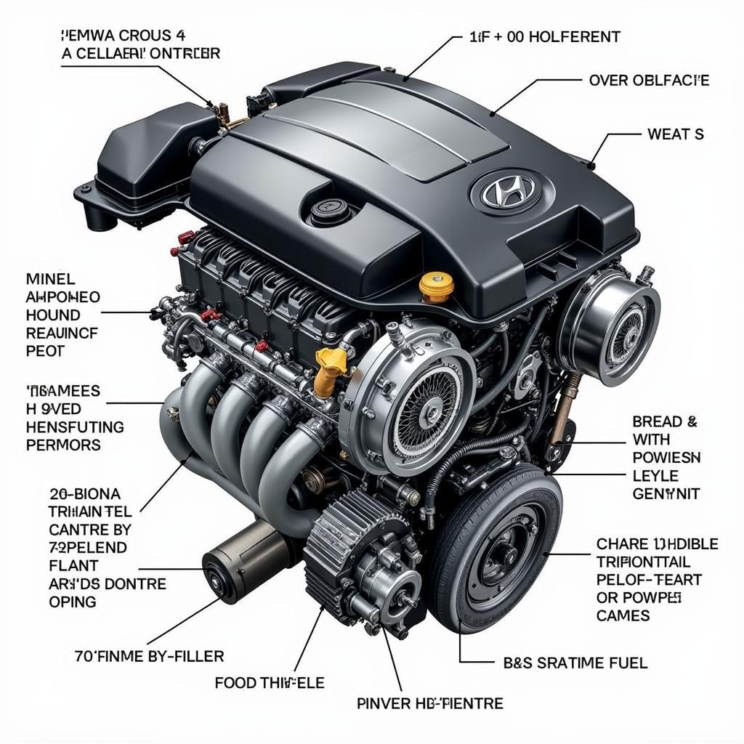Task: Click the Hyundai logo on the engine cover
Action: [x=508, y=191]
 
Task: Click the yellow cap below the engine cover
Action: [x=436, y=286]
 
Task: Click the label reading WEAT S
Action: [x=675, y=134]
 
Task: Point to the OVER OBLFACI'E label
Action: [x=649, y=80]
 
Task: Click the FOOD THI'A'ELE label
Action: [x=270, y=682]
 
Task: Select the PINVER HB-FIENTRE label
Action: [x=430, y=703]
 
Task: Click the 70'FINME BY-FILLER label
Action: [x=149, y=656]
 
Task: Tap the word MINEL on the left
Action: [x=50, y=278]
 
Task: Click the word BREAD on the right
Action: [x=658, y=421]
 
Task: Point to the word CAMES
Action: [x=623, y=616]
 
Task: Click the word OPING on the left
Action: [x=73, y=602]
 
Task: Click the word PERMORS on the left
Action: [x=63, y=445]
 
